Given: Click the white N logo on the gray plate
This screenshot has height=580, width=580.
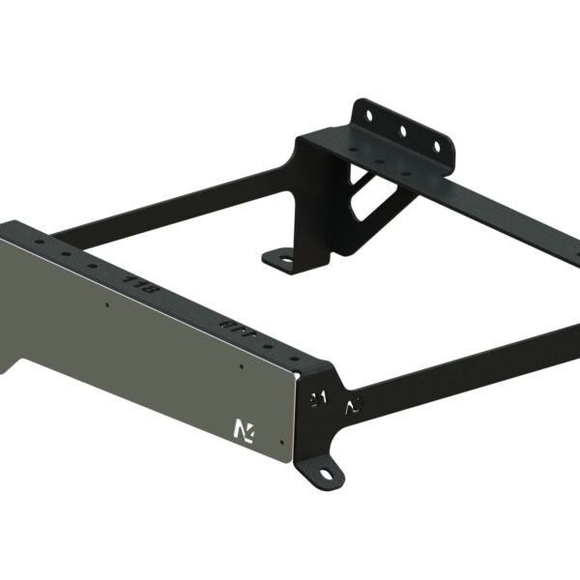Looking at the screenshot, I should tap(240, 426).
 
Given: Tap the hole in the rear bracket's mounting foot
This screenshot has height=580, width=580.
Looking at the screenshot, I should tap(282, 257).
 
